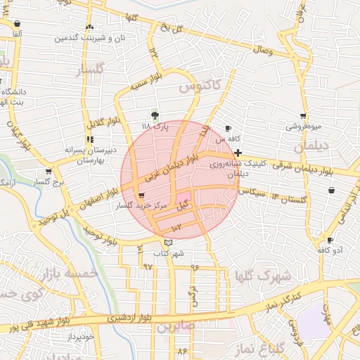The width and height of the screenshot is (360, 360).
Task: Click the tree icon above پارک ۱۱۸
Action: click(155, 115)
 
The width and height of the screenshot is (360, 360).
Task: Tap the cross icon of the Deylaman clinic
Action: click(238, 153)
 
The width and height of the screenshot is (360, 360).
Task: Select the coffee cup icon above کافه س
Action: click(227, 128)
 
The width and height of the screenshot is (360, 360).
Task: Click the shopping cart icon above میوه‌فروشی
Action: click(303, 116)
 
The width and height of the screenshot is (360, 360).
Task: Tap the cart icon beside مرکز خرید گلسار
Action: click(142, 195)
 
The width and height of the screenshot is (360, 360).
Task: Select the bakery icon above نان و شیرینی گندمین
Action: click(89, 27)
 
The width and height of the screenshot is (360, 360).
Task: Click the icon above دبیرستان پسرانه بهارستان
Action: click(89, 139)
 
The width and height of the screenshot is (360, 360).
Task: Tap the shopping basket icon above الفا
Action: click(16, 23)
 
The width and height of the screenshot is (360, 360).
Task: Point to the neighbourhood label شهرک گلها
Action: click(264, 275)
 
